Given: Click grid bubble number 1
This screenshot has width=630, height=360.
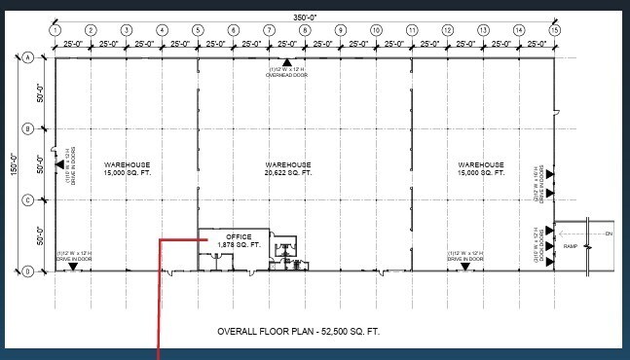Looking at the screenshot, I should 55,31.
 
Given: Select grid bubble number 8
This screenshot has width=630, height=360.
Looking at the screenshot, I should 305,31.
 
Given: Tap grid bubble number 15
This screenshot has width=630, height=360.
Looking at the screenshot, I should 555,31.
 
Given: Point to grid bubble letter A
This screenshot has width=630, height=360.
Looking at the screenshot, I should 28,58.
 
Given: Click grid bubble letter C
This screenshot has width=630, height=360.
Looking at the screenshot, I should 28,200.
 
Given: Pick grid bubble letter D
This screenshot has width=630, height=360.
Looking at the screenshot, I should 28,271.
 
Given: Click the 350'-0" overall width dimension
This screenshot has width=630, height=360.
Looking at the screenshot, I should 304,18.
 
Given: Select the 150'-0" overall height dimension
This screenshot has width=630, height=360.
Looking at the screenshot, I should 13,163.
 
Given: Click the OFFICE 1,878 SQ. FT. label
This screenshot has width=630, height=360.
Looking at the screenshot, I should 238,240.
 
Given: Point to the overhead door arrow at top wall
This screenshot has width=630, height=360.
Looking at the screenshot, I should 287,63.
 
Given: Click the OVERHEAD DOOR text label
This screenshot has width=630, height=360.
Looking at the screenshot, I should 287,73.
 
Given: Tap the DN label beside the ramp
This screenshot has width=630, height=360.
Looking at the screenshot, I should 609,234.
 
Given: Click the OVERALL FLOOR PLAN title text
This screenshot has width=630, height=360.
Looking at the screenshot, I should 298,332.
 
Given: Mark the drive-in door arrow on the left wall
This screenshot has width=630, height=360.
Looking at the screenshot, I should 60,165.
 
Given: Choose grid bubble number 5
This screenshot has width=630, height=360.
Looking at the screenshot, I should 198,31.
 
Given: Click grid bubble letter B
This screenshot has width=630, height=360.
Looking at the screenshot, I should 28,128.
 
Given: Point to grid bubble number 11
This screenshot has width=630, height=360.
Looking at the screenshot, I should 412,31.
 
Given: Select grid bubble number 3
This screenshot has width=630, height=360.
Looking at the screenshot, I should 126,31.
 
